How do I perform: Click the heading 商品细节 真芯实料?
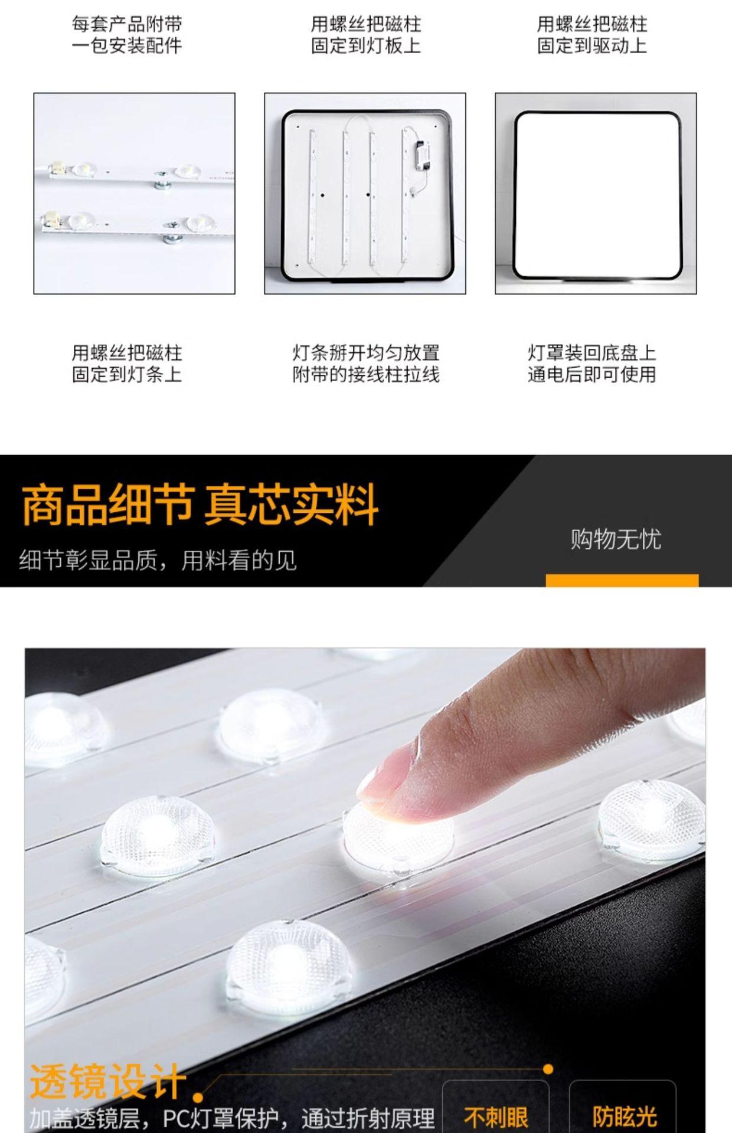click(x=200, y=505)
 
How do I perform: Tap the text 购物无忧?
click(x=616, y=539)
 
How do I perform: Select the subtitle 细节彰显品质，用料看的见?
click(x=158, y=560)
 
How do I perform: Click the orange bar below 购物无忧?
click(x=622, y=580)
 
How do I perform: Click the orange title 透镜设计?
click(x=108, y=1081)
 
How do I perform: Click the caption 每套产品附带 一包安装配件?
click(x=127, y=35)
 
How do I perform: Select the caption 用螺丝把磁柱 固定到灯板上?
click(x=366, y=35)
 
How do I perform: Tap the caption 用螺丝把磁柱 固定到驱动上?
click(x=592, y=35)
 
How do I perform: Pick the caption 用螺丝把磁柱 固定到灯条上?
click(x=127, y=364)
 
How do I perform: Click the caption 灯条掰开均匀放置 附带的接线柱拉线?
click(x=366, y=364)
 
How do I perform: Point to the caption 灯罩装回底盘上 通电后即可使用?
click(x=592, y=364)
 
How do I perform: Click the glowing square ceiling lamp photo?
click(x=596, y=194)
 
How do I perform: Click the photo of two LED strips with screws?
click(x=135, y=194)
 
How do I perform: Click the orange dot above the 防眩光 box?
click(x=548, y=1069)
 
